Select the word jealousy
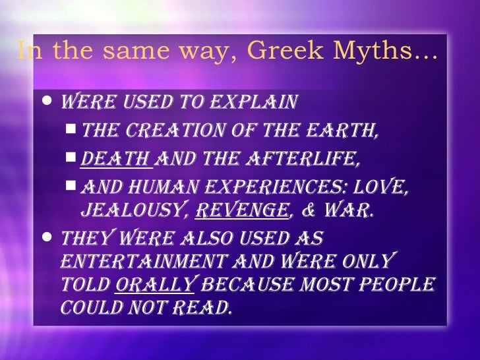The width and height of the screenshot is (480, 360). (127, 210)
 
